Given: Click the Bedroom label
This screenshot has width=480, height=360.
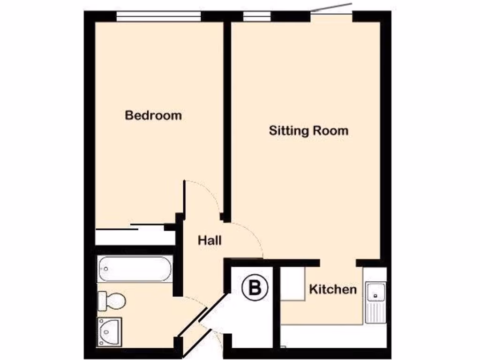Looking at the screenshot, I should coord(153,115).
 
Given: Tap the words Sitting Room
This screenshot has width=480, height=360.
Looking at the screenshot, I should coord(308,130).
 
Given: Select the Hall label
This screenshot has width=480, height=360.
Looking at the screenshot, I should coord(209,241).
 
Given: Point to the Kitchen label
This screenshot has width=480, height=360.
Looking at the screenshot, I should coord(333,289).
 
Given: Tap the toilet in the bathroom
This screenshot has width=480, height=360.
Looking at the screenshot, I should coord(111,300).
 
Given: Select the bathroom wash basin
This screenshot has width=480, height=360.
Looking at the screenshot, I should coord(110,331).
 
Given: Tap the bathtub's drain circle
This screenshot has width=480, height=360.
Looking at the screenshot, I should coord(106,269).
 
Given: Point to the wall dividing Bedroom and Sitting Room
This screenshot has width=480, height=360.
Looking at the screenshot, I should coord(227,117).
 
